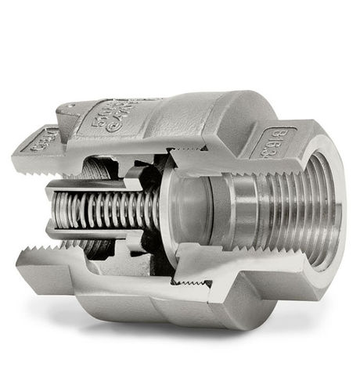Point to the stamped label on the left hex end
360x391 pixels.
tap(45, 142)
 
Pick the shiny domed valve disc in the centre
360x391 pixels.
tap(188, 211)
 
